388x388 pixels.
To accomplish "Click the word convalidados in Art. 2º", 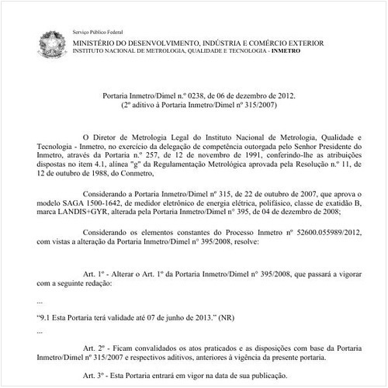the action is coord(152,347).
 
